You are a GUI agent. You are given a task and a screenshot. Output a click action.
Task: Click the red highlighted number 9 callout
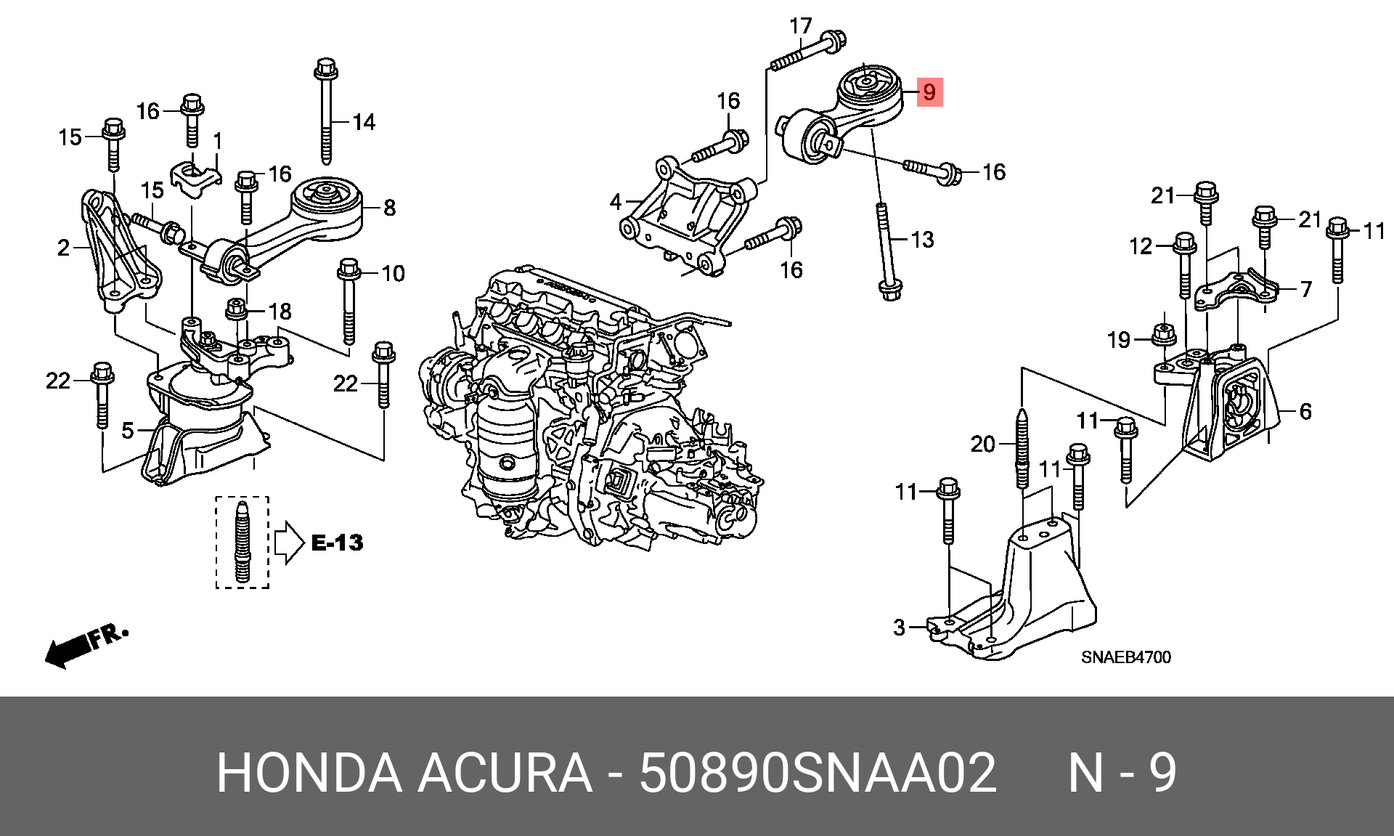click(x=929, y=92)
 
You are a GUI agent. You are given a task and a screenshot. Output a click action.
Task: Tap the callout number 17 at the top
click(x=801, y=26)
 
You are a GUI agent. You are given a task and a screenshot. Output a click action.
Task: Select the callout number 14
click(x=364, y=122)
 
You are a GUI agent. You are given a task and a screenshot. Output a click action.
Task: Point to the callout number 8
click(x=390, y=208)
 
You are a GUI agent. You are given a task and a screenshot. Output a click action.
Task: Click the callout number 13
click(x=922, y=240)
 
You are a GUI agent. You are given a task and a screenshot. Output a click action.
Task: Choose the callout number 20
click(x=983, y=444)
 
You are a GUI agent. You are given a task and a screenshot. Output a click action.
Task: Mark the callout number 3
click(x=900, y=627)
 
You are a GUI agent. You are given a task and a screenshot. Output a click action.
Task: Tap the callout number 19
click(x=1119, y=340)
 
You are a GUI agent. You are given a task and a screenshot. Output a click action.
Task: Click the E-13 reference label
click(x=337, y=543)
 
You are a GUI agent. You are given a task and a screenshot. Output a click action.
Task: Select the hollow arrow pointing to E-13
click(x=289, y=543)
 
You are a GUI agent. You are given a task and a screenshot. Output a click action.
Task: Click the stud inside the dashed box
click(x=242, y=542)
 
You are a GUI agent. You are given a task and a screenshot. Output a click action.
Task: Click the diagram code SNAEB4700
click(x=1126, y=657)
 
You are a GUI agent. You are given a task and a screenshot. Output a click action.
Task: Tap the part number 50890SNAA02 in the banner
click(x=818, y=772)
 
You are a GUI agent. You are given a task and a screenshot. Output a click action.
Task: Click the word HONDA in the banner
click(x=309, y=772)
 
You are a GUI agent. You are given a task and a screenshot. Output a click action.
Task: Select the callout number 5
click(x=128, y=431)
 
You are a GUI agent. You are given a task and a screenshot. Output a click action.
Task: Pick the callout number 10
click(x=393, y=274)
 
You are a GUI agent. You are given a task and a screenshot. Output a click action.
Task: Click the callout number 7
click(x=1306, y=289)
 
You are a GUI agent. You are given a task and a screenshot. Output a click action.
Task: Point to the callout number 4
click(x=616, y=201)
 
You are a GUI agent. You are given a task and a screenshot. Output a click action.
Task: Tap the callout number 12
click(x=1141, y=247)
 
